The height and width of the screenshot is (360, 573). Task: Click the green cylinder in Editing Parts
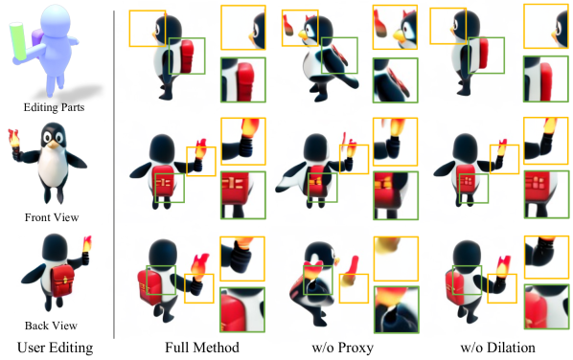tap(17, 41)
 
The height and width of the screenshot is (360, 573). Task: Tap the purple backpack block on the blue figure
tap(37, 38)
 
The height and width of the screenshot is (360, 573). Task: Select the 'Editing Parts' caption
tap(54, 107)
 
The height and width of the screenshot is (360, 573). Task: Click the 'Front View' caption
tap(52, 217)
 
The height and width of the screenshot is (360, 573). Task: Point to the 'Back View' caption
tap(51, 326)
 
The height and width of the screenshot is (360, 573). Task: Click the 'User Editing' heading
tap(56, 348)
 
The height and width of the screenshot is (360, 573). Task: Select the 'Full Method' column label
tap(202, 348)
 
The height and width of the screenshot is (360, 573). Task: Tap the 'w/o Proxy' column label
tap(342, 348)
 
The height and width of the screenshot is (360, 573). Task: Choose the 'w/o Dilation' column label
tap(497, 348)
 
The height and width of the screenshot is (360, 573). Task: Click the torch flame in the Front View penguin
tap(14, 137)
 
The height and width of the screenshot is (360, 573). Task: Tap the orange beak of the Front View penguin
tap(54, 145)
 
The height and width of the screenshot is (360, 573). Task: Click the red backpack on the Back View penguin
tap(61, 281)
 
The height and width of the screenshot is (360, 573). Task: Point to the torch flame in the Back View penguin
tap(87, 243)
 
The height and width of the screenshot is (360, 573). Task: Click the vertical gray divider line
tap(114, 174)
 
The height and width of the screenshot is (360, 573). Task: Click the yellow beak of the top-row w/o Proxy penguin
tap(304, 35)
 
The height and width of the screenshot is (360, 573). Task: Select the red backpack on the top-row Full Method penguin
tap(187, 56)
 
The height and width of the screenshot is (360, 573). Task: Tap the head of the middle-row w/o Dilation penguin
tap(465, 148)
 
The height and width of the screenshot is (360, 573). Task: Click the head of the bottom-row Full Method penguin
tap(163, 254)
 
